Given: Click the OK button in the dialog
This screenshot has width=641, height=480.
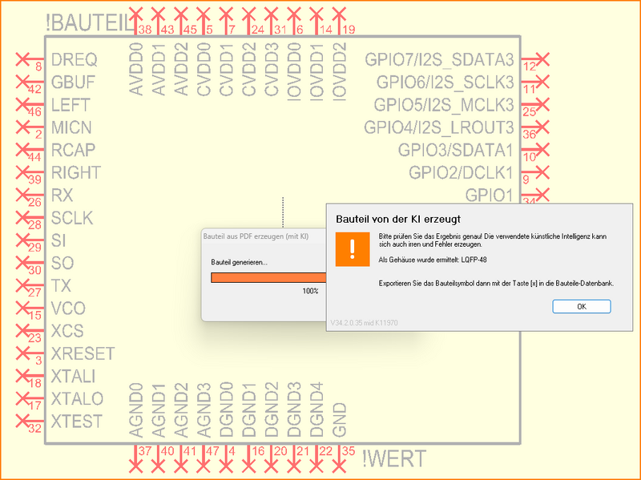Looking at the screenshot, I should pyautogui.click(x=582, y=306).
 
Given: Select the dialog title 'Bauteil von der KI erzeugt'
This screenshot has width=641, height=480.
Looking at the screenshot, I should pyautogui.click(x=397, y=218).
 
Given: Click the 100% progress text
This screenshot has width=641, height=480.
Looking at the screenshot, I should pyautogui.click(x=310, y=291).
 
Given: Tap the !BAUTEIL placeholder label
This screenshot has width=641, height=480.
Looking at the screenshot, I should pyautogui.click(x=90, y=24).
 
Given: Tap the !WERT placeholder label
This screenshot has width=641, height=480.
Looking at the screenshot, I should pyautogui.click(x=393, y=459).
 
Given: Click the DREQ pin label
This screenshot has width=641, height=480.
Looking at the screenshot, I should pyautogui.click(x=74, y=59).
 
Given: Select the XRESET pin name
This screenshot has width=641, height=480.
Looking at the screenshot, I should pyautogui.click(x=83, y=353).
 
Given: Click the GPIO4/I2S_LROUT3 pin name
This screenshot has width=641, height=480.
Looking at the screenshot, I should pyautogui.click(x=438, y=127).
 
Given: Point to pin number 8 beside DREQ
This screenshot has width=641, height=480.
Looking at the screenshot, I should pyautogui.click(x=38, y=68).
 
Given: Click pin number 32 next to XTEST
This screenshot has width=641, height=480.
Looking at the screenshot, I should pyautogui.click(x=34, y=430).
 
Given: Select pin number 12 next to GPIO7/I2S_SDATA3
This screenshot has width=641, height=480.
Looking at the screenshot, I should pyautogui.click(x=529, y=68).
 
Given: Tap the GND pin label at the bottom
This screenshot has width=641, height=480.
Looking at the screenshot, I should pyautogui.click(x=340, y=419).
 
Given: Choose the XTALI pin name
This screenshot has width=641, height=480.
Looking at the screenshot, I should pyautogui.click(x=73, y=376).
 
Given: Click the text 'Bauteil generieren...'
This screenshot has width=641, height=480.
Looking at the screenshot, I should pyautogui.click(x=239, y=263).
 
